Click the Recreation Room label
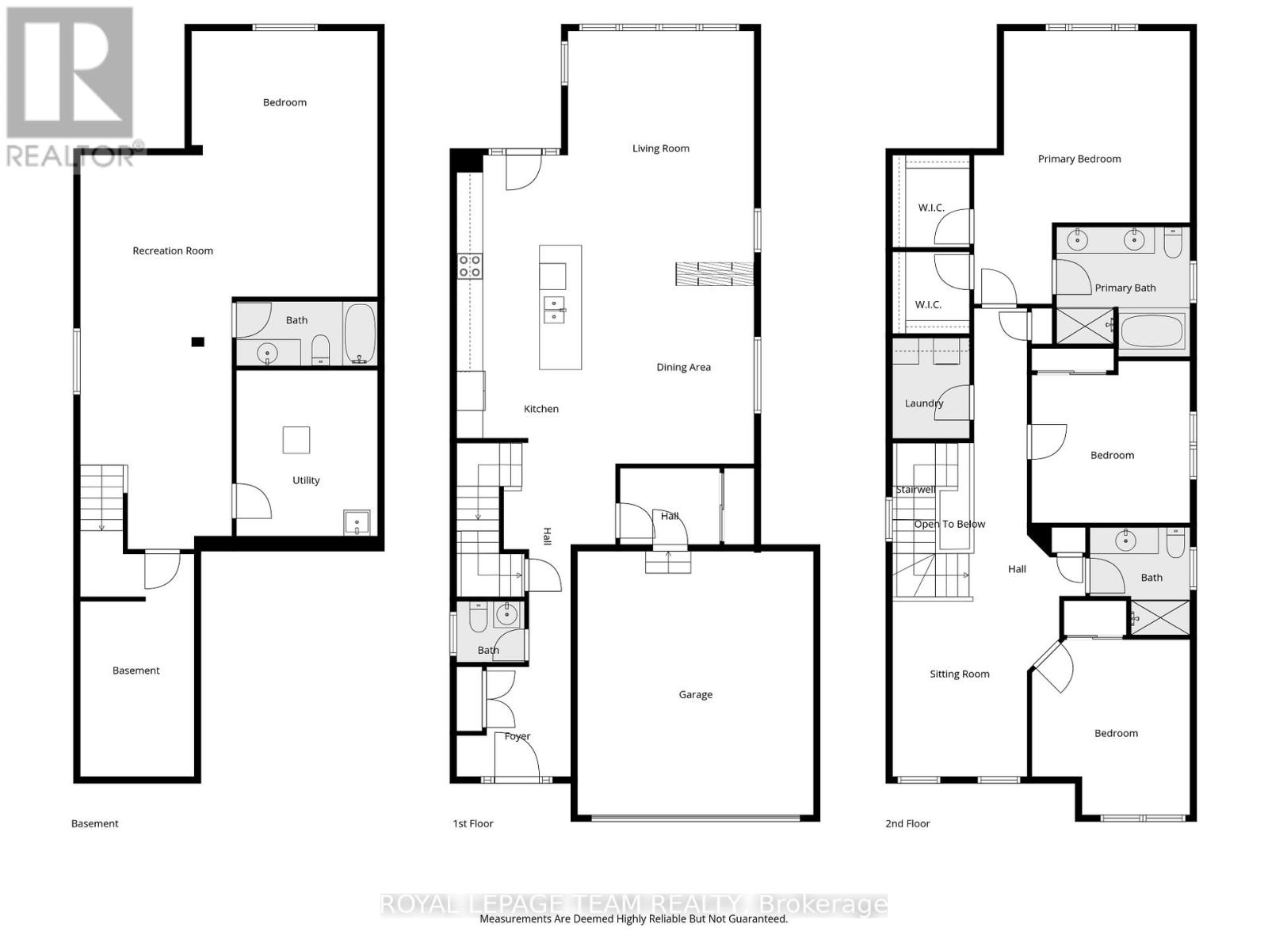tap(173, 250)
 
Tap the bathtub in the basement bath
tap(360, 334)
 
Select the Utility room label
tap(306, 480)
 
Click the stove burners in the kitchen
tap(469, 265)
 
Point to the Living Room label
tap(660, 148)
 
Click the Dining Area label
tap(683, 367)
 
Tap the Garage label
tap(695, 694)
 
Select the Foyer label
tap(518, 736)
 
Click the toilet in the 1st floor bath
tap(478, 618)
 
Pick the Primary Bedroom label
tap(1079, 158)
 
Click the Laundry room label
tap(924, 403)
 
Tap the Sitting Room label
tap(959, 674)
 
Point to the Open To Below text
tap(949, 524)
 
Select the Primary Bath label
tap(1125, 288)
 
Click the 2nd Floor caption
tap(907, 823)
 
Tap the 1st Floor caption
tap(472, 823)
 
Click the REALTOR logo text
tap(71, 155)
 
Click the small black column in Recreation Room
tap(198, 342)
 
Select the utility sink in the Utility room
tap(357, 522)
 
